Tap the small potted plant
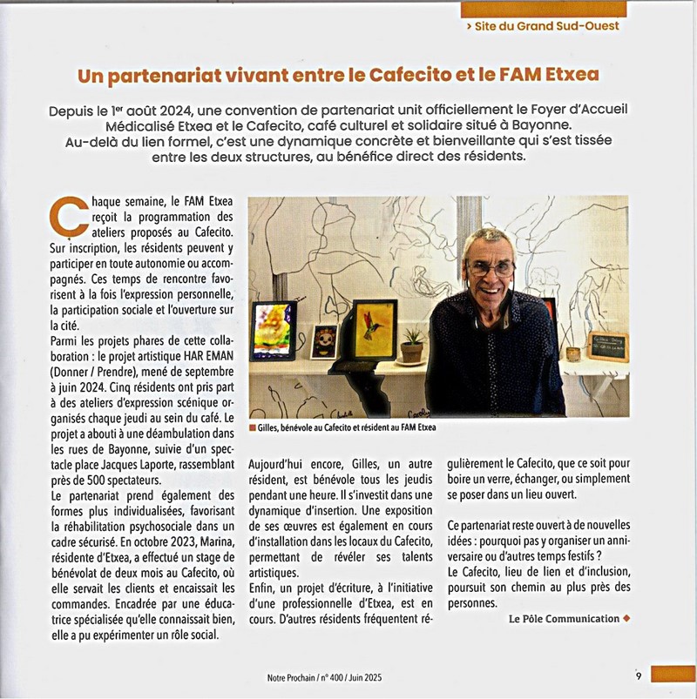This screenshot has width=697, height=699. (x=411, y=344)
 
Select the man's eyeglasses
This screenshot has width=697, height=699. (x=490, y=267)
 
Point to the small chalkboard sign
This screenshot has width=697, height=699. (x=606, y=346)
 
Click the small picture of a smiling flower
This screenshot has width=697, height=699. (x=324, y=341)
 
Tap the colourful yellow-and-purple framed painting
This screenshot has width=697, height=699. (x=273, y=330)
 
